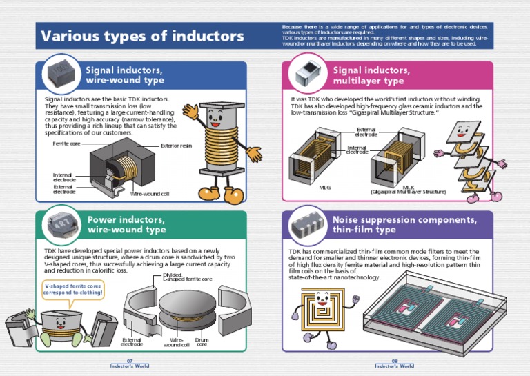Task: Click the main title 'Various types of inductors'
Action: [142, 36]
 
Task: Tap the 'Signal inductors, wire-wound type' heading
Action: [124, 75]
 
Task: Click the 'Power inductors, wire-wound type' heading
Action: [126, 224]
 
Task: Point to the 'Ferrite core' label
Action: [66, 144]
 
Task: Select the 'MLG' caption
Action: [325, 187]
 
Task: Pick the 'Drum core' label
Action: [202, 342]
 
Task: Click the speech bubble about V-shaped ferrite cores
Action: [73, 289]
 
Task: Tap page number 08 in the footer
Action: [395, 361]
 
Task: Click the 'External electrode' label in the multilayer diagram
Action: [366, 132]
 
